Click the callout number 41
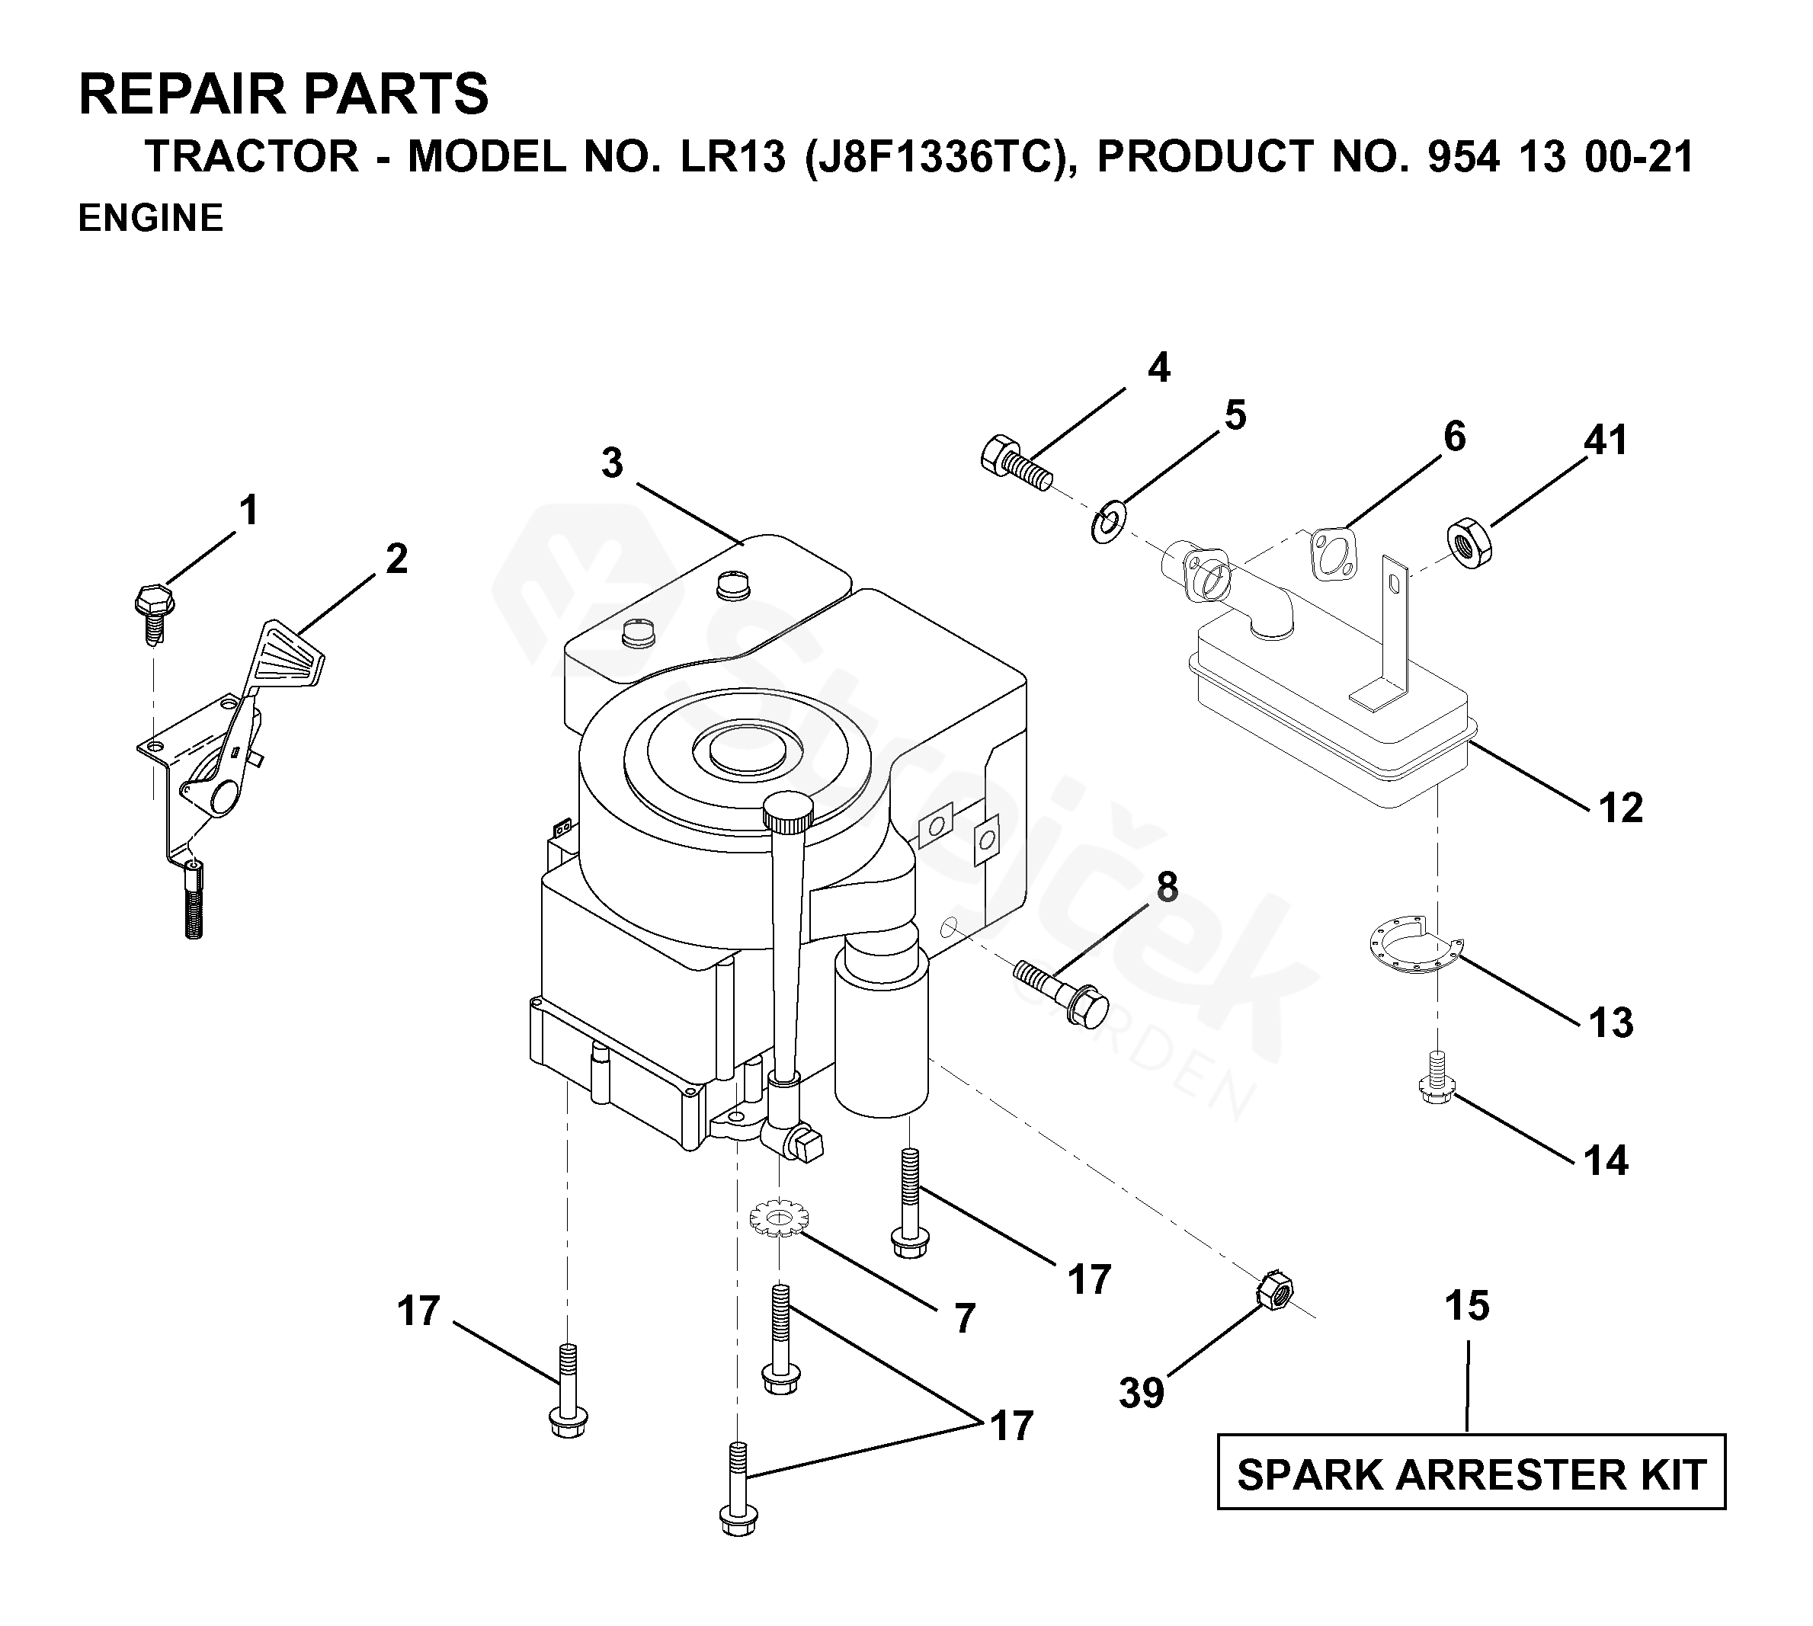tap(1606, 440)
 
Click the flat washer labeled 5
tap(1108, 523)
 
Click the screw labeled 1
tap(152, 614)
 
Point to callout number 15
tap(1467, 1305)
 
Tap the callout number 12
tap(1621, 808)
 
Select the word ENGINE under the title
tap(150, 218)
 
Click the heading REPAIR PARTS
tap(284, 94)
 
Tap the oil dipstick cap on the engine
tap(788, 810)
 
